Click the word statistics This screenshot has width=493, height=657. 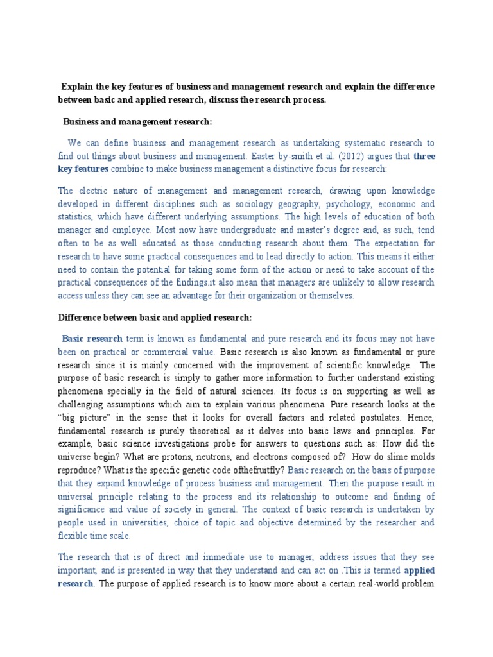(x=78, y=217)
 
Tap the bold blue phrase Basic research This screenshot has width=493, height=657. (x=92, y=338)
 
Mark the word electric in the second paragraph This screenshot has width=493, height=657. (x=91, y=191)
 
